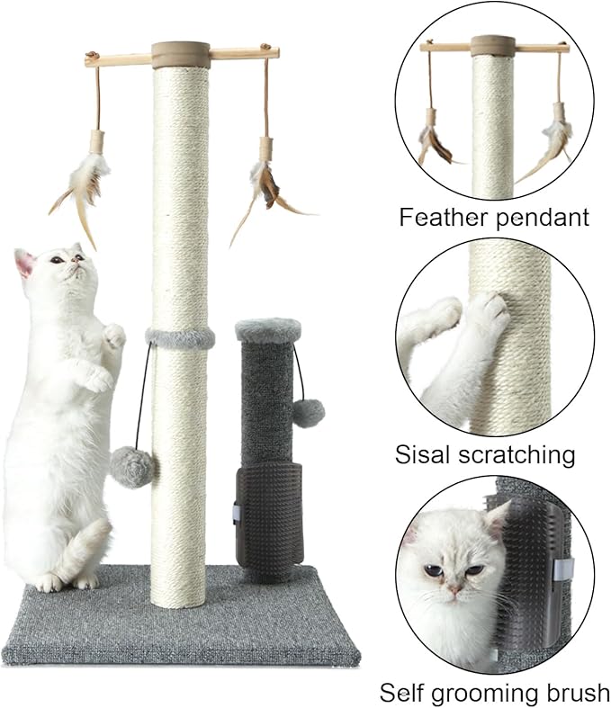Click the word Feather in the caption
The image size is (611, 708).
pyautogui.click(x=438, y=217)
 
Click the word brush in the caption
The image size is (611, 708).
pyautogui.click(x=573, y=692)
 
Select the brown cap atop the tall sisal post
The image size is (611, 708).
pyautogui.click(x=181, y=55)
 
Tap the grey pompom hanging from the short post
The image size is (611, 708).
pyautogui.click(x=307, y=413)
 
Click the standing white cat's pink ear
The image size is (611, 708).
pyautogui.click(x=24, y=263)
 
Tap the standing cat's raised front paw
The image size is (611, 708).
pyautogui.click(x=113, y=336)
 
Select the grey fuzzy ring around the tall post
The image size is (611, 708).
pyautogui.click(x=180, y=338)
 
